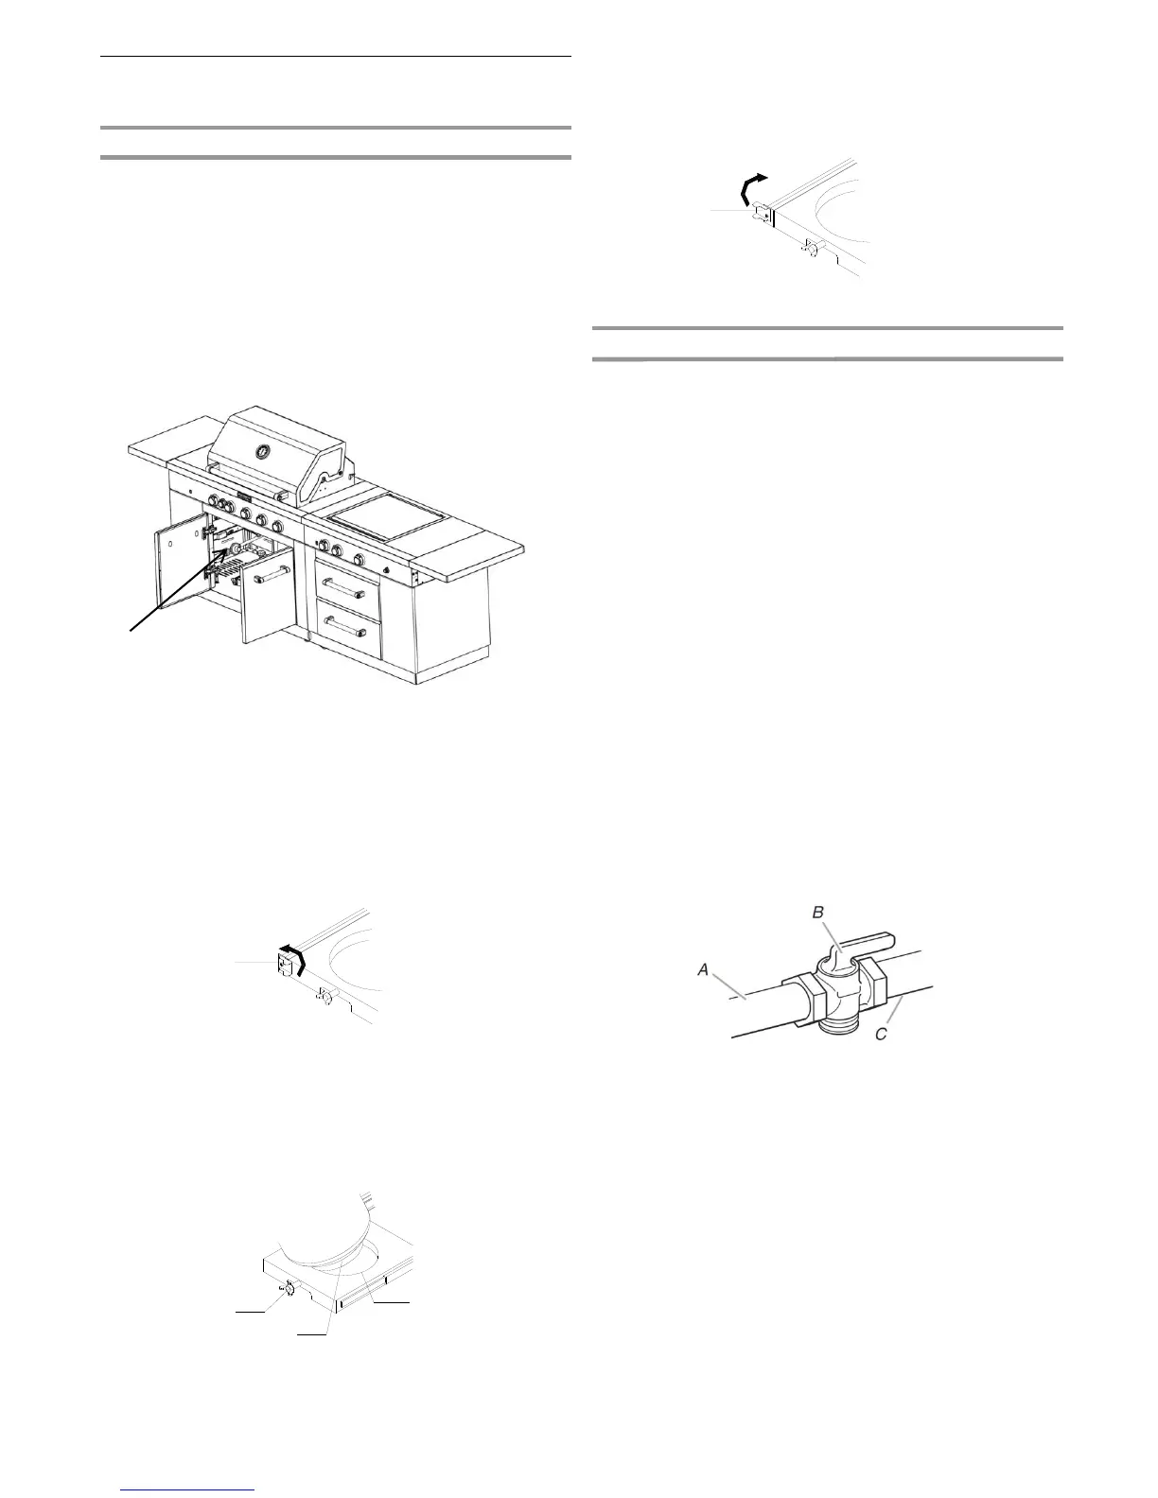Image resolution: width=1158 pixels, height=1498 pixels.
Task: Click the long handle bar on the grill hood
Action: [248, 495]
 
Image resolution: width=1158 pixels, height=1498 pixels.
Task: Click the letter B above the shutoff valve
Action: [819, 913]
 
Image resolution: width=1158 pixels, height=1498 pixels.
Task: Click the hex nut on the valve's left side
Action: [802, 1000]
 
